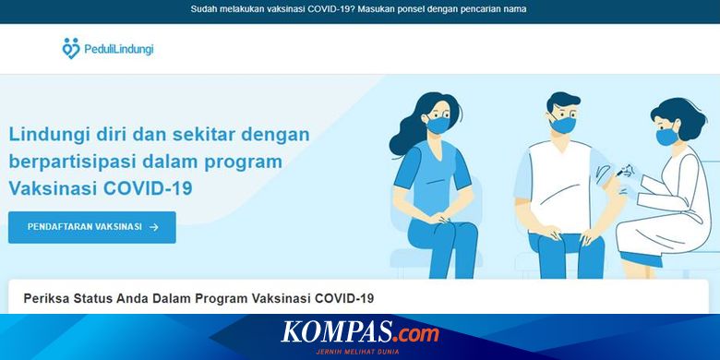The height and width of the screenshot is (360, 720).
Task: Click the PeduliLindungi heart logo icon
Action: pos(70,48)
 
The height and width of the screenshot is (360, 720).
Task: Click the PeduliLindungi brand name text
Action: pos(118,49)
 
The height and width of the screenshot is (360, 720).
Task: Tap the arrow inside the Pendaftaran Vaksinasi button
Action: pos(154,226)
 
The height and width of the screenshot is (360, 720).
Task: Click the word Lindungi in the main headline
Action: pos(44,134)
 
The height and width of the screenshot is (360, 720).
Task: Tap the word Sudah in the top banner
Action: pos(206,9)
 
